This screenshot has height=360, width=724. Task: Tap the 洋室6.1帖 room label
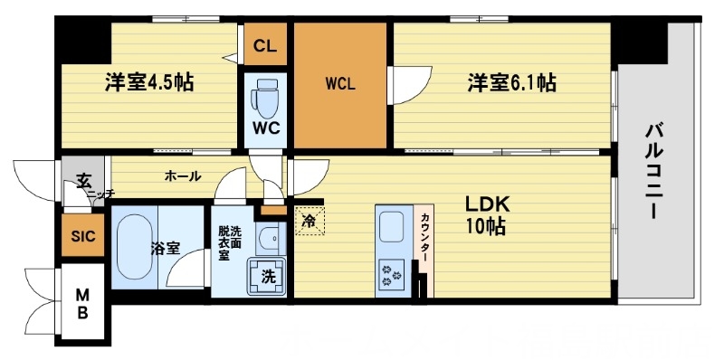[511, 83]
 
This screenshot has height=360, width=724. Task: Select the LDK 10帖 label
[486, 213]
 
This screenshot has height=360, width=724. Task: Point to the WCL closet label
[341, 85]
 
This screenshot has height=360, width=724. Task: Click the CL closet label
[264, 46]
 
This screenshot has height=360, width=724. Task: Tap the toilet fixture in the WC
[267, 94]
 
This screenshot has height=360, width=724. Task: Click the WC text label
[265, 128]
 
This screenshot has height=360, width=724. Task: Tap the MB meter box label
[82, 303]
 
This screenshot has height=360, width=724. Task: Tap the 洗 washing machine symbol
[268, 277]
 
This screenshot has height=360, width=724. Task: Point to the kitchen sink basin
[395, 224]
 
